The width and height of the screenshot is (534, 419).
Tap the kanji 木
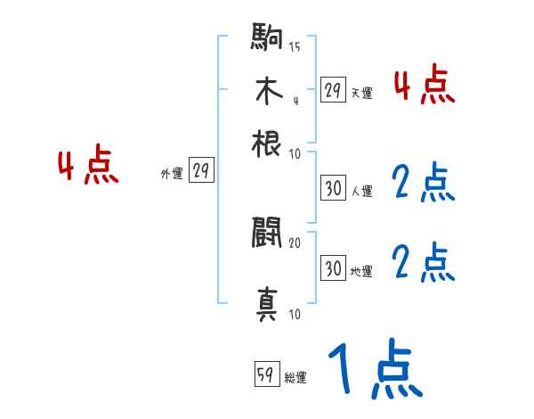pyautogui.click(x=267, y=92)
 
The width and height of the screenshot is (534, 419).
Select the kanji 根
pyautogui.click(x=267, y=142)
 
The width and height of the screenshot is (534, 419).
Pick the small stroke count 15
pyautogui.click(x=295, y=47)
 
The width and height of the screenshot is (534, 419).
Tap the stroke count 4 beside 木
pyautogui.click(x=295, y=99)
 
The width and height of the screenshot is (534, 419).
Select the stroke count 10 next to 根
pyautogui.click(x=295, y=153)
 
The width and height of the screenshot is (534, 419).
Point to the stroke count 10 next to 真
pyautogui.click(x=295, y=314)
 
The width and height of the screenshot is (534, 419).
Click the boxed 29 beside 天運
pyautogui.click(x=333, y=89)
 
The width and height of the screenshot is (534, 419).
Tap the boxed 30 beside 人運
pyautogui.click(x=333, y=188)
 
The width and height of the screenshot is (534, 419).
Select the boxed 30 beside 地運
pyautogui.click(x=333, y=268)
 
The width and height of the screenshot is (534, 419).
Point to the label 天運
pyautogui.click(x=361, y=92)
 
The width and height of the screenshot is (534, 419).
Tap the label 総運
pyautogui.click(x=295, y=377)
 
